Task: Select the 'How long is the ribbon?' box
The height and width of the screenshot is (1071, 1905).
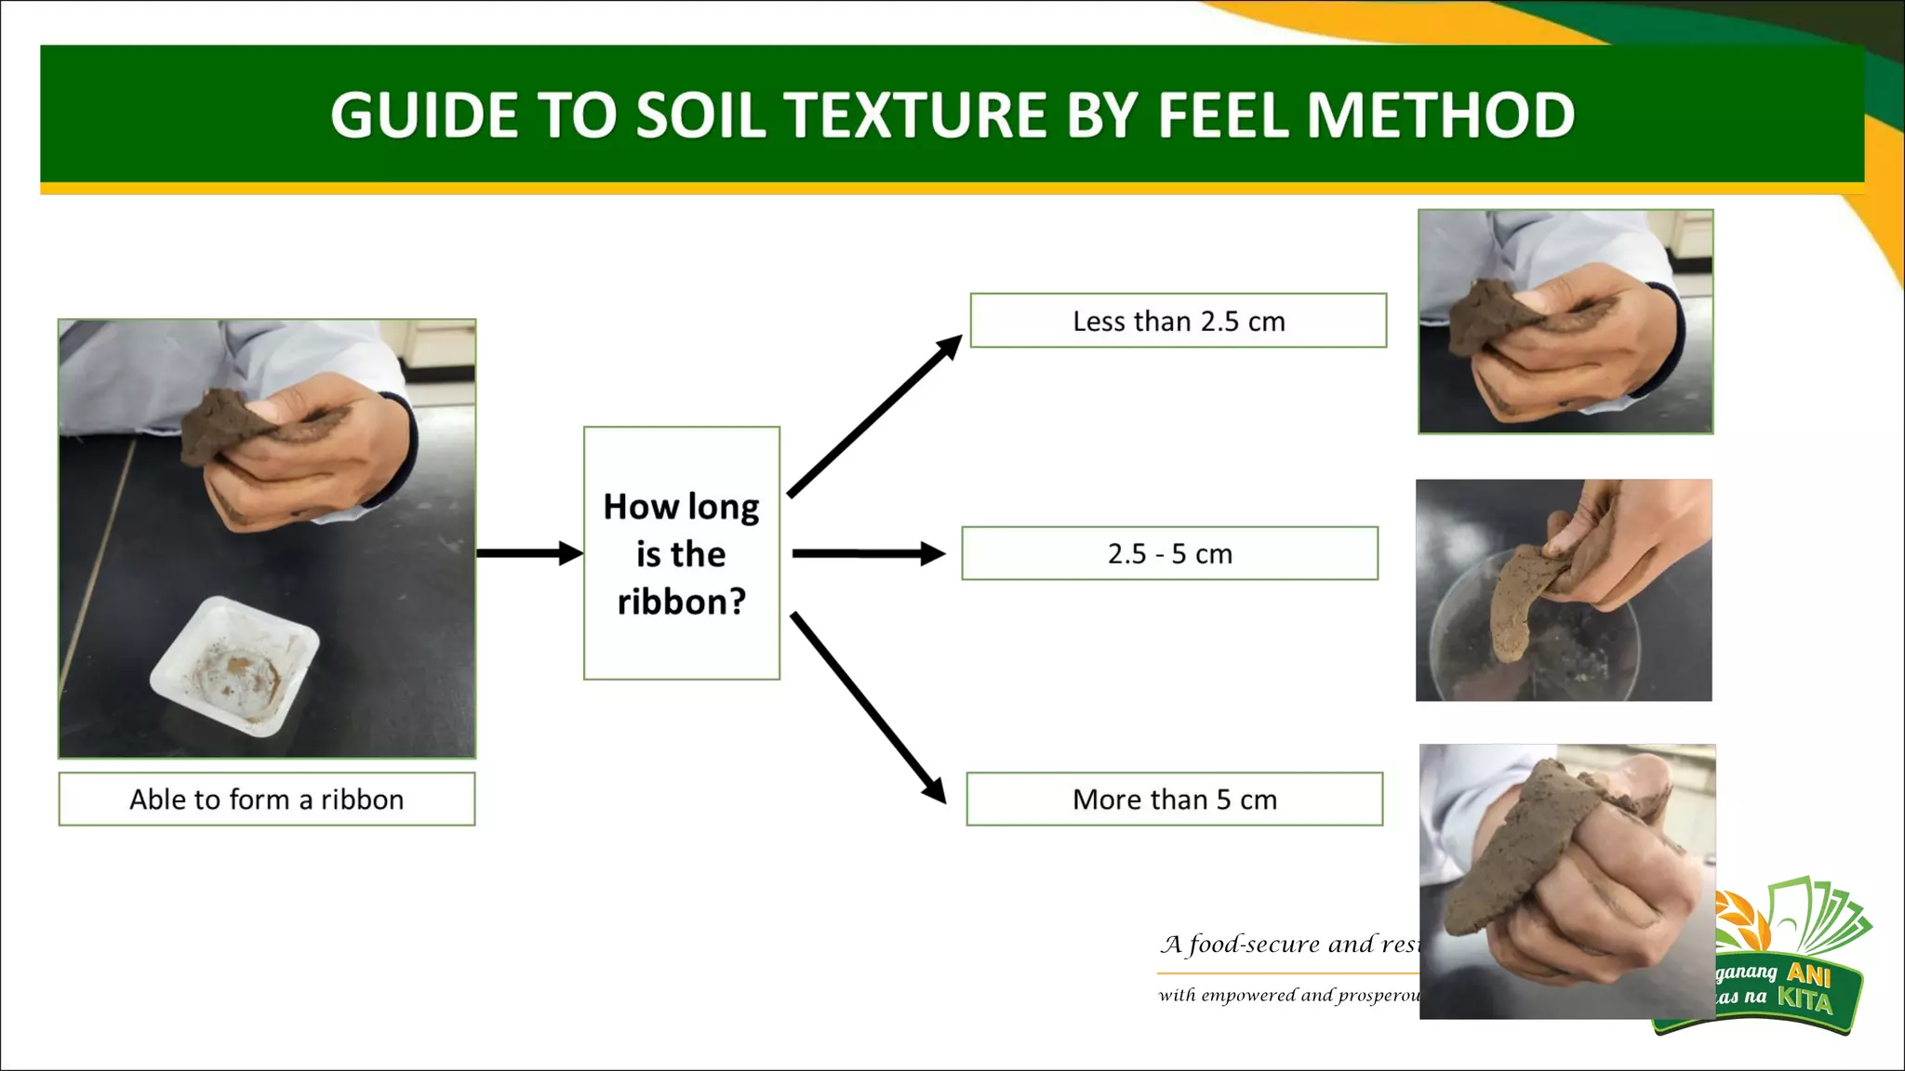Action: click(681, 553)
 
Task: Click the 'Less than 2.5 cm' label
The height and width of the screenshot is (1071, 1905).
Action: click(1178, 321)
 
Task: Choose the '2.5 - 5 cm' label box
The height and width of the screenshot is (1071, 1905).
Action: click(1169, 554)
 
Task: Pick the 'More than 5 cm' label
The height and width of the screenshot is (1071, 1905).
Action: click(1174, 800)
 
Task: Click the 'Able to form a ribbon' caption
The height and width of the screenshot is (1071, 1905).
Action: click(266, 800)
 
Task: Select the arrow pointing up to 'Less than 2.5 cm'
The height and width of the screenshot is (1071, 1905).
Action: click(874, 416)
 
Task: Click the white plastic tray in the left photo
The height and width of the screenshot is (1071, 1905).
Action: click(234, 666)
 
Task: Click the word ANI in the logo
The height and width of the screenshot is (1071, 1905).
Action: click(1808, 974)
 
